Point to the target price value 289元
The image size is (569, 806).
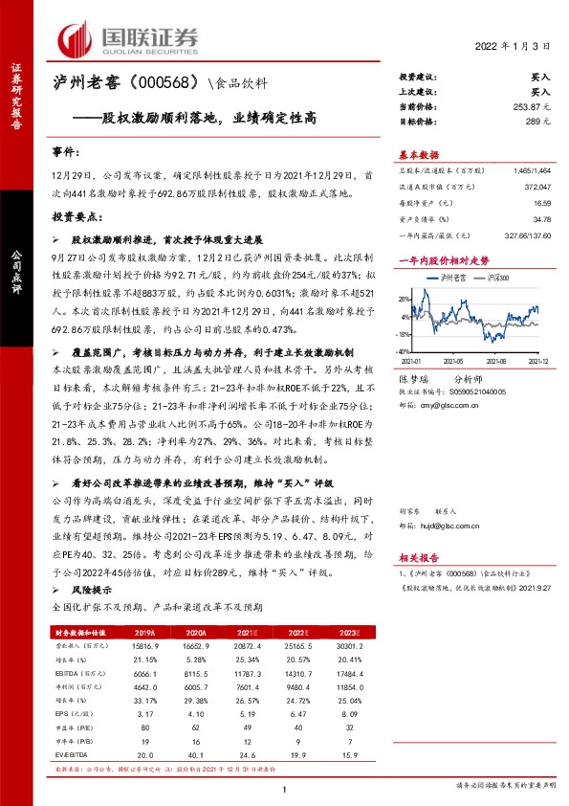coord(540,122)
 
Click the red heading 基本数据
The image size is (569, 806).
coord(418,155)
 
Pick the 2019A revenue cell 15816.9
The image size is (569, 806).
coord(145,647)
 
